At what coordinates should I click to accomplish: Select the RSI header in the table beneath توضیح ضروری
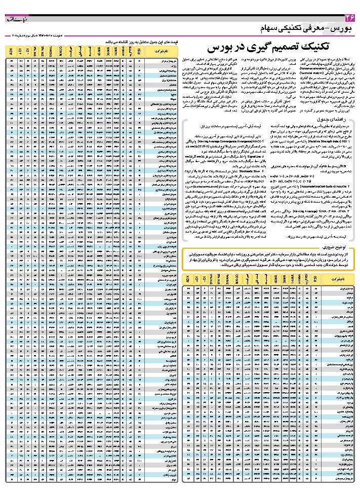(315, 279)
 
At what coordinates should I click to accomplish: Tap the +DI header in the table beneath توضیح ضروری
(197, 279)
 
